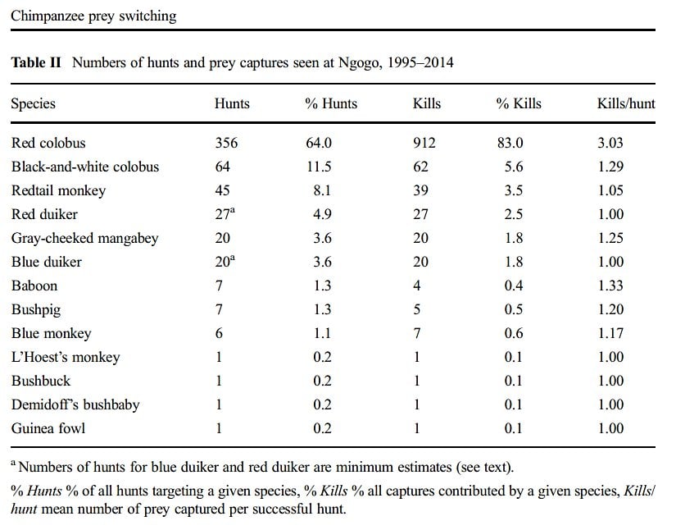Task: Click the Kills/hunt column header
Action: pos(626,104)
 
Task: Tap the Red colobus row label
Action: pos(48,143)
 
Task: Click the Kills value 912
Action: pos(424,143)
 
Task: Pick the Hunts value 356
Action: pos(226,143)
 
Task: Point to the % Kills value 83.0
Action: pos(510,143)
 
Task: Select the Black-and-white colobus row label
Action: pos(85,167)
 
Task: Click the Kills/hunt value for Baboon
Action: pos(610,286)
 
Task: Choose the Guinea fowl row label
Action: pos(48,428)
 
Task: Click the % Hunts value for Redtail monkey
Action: pos(318,190)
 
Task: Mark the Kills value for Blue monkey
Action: pos(416,333)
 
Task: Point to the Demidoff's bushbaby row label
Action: pos(75,404)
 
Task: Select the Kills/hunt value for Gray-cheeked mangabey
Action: pos(610,238)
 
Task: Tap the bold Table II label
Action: pos(36,63)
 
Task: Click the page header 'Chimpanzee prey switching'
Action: pos(93,16)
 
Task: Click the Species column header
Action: pos(33,104)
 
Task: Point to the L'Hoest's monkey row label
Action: pos(66,357)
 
